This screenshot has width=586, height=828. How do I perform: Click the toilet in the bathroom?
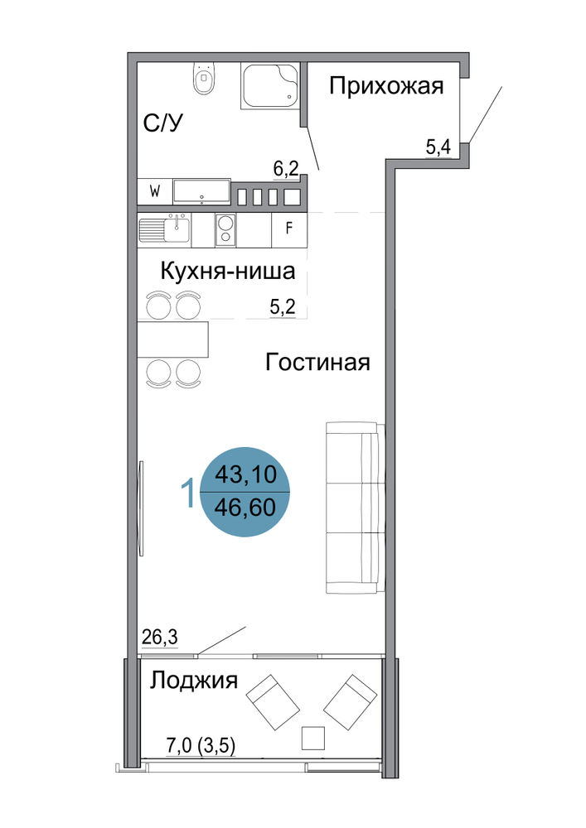pos(204,78)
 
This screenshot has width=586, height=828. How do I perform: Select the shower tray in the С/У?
pos(269,86)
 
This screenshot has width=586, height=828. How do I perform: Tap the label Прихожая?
pos(386,85)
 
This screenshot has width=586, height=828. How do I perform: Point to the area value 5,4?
pos(438,147)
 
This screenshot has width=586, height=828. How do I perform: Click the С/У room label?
pos(162,123)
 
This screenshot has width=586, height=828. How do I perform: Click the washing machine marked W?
pos(155,191)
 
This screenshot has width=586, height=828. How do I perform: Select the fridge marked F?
pos(288,229)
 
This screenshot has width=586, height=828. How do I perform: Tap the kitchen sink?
pos(164,229)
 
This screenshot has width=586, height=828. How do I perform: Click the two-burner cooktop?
pos(226,229)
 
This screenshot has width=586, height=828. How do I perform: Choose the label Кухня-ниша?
pos(227,272)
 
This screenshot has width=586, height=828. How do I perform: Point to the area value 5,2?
pos(282,306)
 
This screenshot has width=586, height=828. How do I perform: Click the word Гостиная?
pos(317,363)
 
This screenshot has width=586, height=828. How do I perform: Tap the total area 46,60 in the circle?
pos(245,508)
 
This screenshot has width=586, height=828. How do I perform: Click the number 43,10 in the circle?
pos(245,474)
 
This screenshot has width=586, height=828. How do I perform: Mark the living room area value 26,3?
pos(160,638)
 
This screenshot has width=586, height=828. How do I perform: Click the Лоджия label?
pos(193,681)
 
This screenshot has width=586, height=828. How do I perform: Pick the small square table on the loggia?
pos(312,738)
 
